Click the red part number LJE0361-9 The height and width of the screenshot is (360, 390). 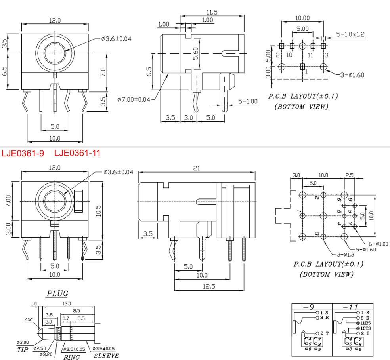coord(23,153)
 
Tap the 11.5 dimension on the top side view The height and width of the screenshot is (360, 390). coord(212,12)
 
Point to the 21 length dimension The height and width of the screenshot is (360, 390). coord(196,168)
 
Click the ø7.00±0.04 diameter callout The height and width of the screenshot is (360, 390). coord(134,99)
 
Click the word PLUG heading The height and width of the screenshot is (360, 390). coord(57,293)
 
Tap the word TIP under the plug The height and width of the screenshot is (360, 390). coord(23,350)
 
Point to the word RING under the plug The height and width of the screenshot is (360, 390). coord(72,356)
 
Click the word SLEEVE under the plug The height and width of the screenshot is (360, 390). coord(106,355)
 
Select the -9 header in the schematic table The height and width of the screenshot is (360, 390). coord(312,307)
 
